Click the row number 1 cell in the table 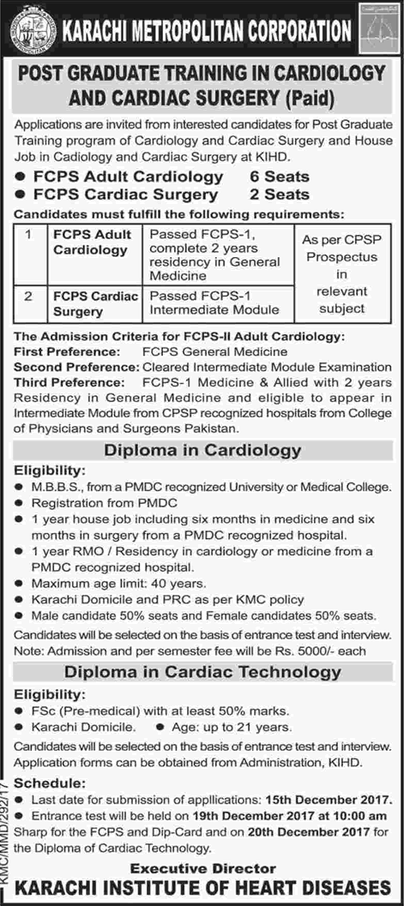[29, 234]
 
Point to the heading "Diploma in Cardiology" [202, 450]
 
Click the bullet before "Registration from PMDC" [20, 503]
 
